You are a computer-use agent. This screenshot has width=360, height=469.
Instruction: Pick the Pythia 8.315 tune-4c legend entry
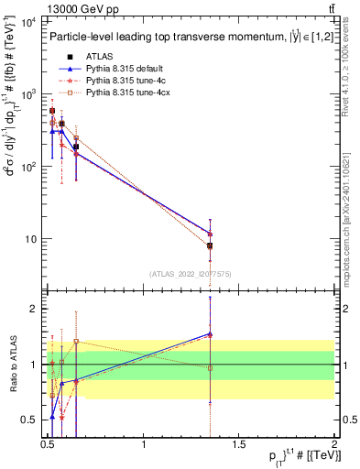tap(125, 81)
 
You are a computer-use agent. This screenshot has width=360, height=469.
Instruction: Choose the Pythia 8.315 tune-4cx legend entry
tap(127, 93)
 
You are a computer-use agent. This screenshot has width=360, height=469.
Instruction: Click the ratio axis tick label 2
tap(33, 309)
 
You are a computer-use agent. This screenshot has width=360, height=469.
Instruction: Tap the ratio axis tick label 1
tap(33, 365)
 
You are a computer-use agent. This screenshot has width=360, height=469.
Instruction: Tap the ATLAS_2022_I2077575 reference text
tap(189, 273)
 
